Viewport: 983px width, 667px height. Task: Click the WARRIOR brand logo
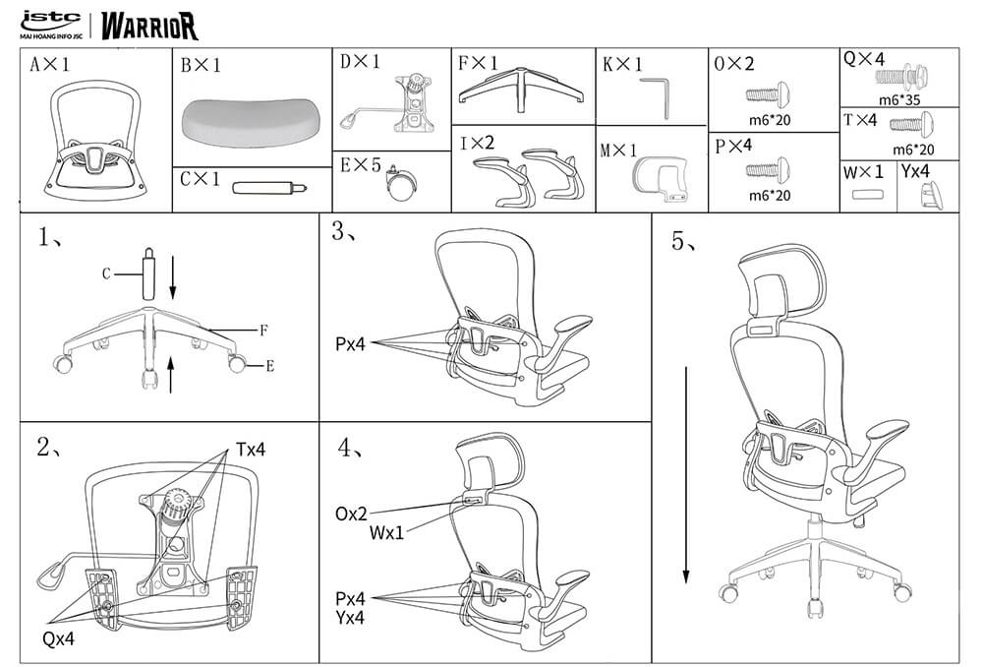click(149, 26)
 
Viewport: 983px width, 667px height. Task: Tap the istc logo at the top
click(51, 24)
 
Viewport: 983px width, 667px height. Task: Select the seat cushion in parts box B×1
click(252, 120)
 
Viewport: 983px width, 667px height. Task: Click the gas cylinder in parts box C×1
click(269, 188)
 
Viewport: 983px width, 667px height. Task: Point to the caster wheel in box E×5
click(400, 183)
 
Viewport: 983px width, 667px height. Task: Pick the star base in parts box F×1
click(521, 89)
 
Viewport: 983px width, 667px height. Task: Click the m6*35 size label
click(899, 99)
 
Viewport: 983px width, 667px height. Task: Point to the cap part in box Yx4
click(931, 194)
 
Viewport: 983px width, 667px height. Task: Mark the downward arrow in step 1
click(172, 277)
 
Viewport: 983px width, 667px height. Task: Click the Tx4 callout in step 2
click(251, 450)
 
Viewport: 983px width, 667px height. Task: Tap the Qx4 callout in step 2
click(58, 638)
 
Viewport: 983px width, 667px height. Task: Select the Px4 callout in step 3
click(350, 344)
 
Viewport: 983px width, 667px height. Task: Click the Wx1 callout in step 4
click(386, 533)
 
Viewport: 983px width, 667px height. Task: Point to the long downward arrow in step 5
click(686, 475)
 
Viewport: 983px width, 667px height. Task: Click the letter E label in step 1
click(270, 366)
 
